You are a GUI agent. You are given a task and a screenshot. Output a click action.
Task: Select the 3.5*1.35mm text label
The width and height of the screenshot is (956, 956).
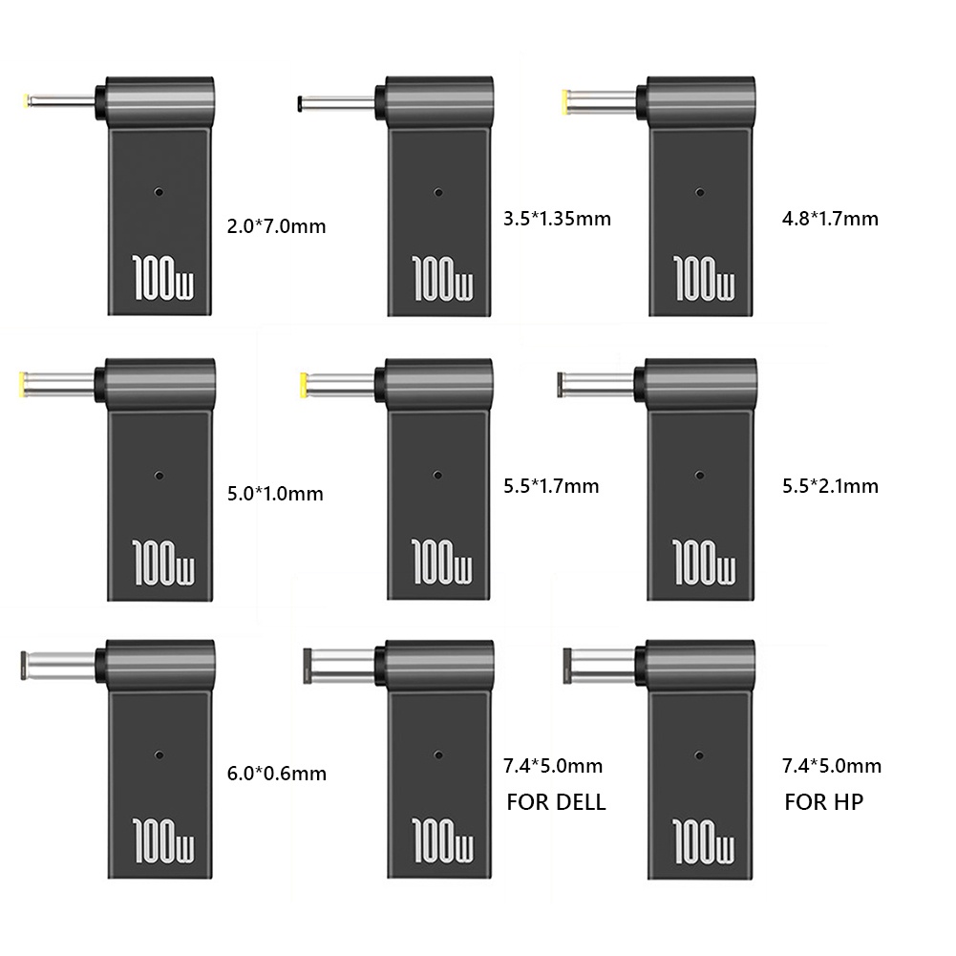pos(556,218)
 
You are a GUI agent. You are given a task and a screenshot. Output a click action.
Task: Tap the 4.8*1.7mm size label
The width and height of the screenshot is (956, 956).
pos(829,218)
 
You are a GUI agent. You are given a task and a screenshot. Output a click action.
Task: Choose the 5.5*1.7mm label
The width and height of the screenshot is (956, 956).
pos(550,486)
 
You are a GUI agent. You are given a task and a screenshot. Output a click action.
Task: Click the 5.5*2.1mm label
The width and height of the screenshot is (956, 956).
pos(829,486)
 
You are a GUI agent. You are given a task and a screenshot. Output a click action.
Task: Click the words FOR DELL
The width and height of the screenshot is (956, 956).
pos(556,802)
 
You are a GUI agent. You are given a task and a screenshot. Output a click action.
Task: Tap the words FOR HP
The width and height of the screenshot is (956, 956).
pos(823,802)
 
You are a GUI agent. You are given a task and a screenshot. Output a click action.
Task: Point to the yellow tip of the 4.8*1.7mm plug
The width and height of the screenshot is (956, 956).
pos(569,98)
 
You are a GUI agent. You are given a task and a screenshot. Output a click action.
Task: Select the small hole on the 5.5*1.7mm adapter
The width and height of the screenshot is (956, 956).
pos(436,475)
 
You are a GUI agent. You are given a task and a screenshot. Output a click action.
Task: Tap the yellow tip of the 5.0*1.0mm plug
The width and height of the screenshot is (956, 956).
pos(22,383)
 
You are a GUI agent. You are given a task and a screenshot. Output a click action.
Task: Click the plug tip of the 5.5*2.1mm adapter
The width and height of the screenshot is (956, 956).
pos(561,383)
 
